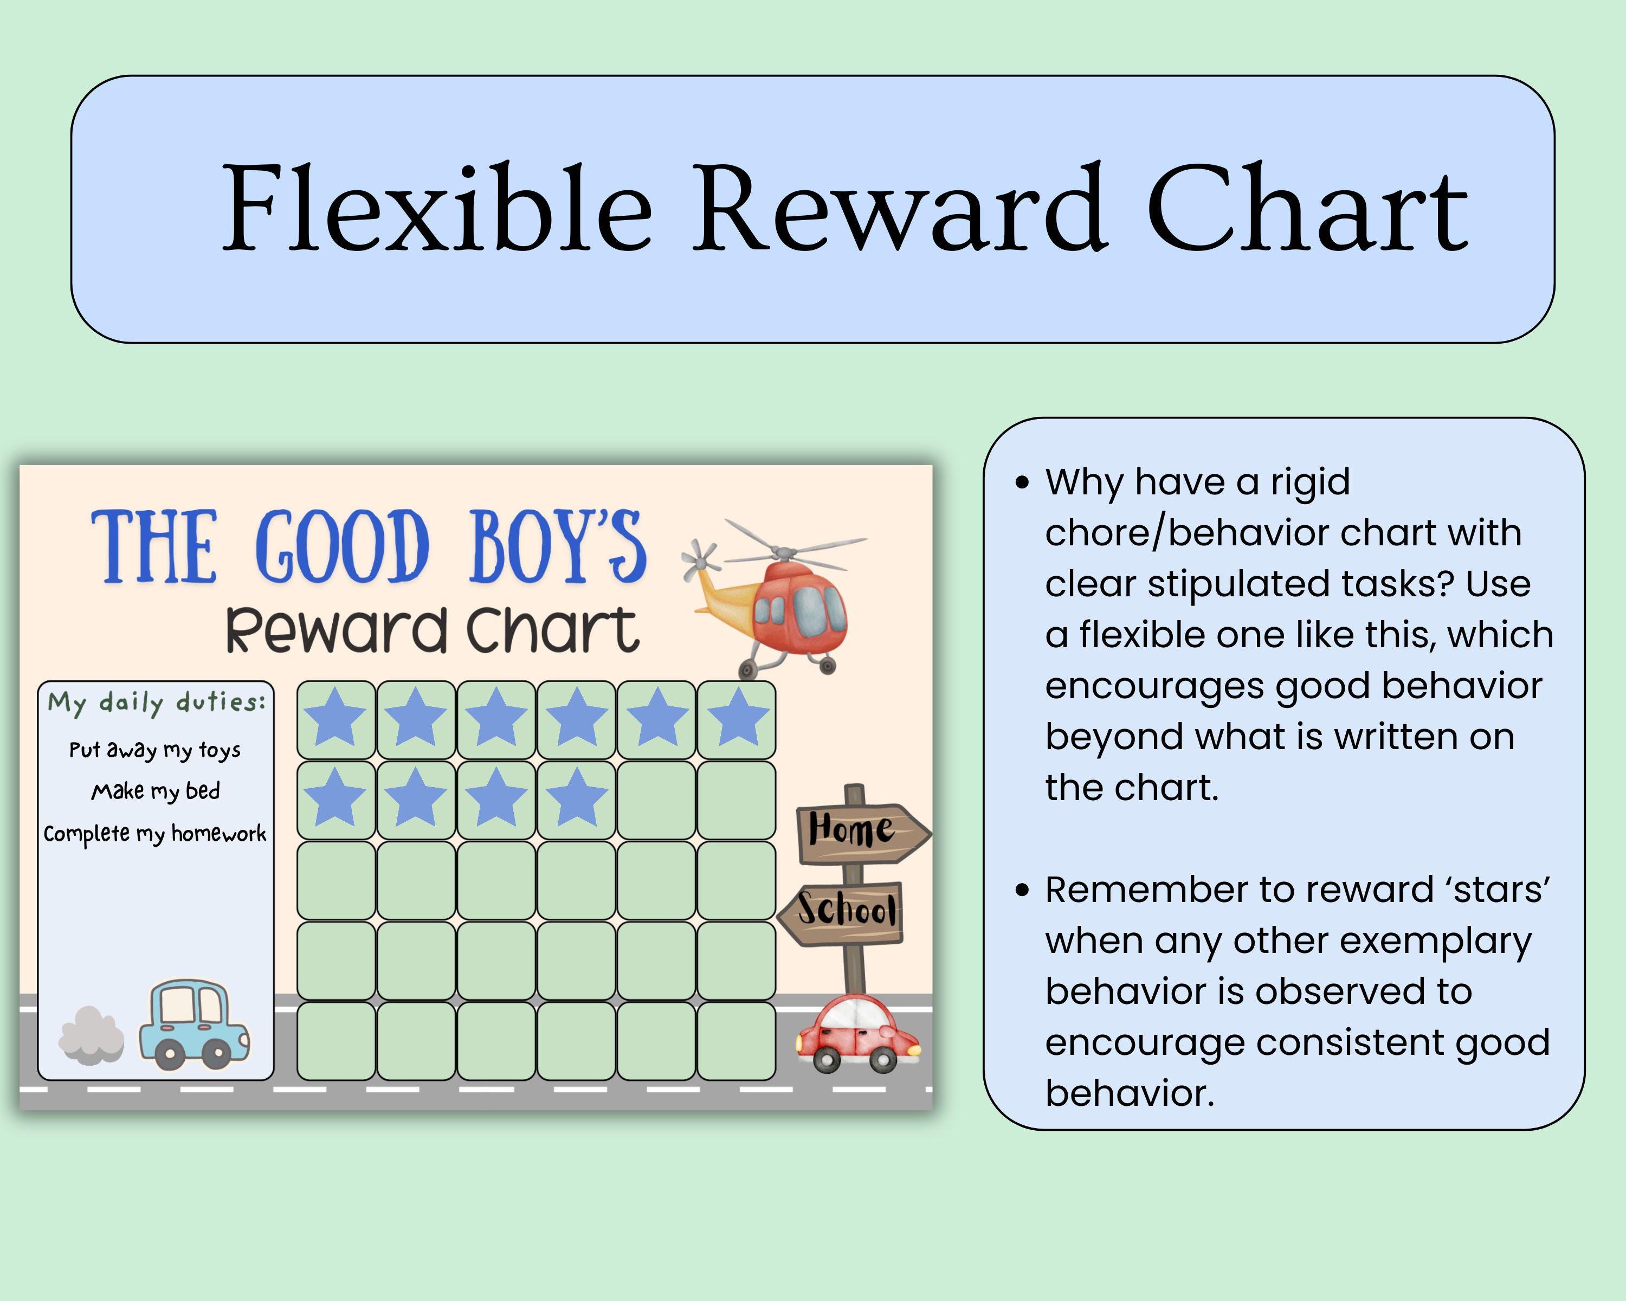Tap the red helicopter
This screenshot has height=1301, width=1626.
click(792, 603)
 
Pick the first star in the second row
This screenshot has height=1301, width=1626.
click(335, 798)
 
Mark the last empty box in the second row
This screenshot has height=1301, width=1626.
click(736, 800)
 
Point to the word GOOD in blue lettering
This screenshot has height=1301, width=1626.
click(341, 548)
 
